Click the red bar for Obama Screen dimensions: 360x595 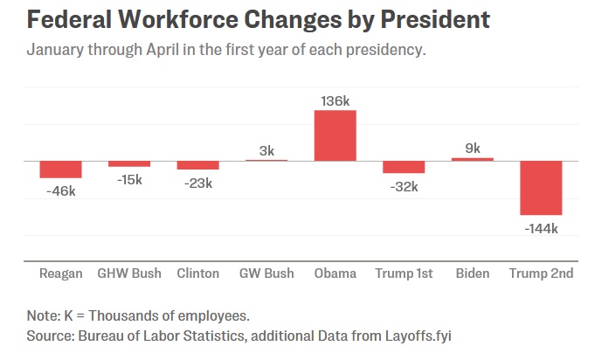336,135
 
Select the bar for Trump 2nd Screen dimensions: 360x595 541,188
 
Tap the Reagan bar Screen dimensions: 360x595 60,170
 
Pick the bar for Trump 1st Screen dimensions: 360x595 404,167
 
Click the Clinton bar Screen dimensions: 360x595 198,165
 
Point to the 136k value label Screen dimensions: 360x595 336,100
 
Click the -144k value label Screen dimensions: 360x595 541,228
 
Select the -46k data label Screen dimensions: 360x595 60,190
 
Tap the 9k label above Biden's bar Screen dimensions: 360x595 473,149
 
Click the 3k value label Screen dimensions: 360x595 266,150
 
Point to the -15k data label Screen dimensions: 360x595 129,180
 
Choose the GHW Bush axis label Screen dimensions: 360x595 129,273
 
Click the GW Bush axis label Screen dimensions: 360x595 266,273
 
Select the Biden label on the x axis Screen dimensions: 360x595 473,273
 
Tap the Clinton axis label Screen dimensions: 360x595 198,273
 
